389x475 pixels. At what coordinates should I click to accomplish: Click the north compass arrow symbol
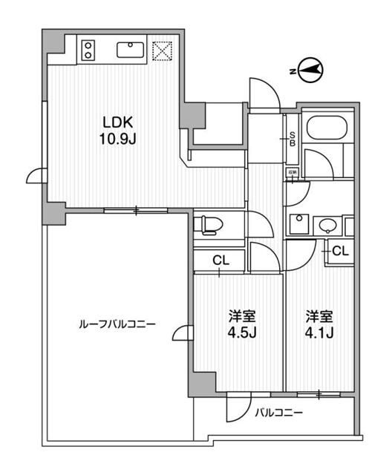[x=311, y=71]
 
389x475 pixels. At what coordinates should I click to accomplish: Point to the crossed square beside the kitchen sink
[x=162, y=50]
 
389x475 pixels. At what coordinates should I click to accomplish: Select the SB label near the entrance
[x=292, y=139]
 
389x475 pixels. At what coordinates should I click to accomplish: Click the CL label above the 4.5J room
[x=220, y=261]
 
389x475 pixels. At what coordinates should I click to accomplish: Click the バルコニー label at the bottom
[x=280, y=413]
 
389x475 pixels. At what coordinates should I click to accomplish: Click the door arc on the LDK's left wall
[x=36, y=174]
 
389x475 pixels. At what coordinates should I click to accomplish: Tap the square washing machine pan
[x=299, y=223]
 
